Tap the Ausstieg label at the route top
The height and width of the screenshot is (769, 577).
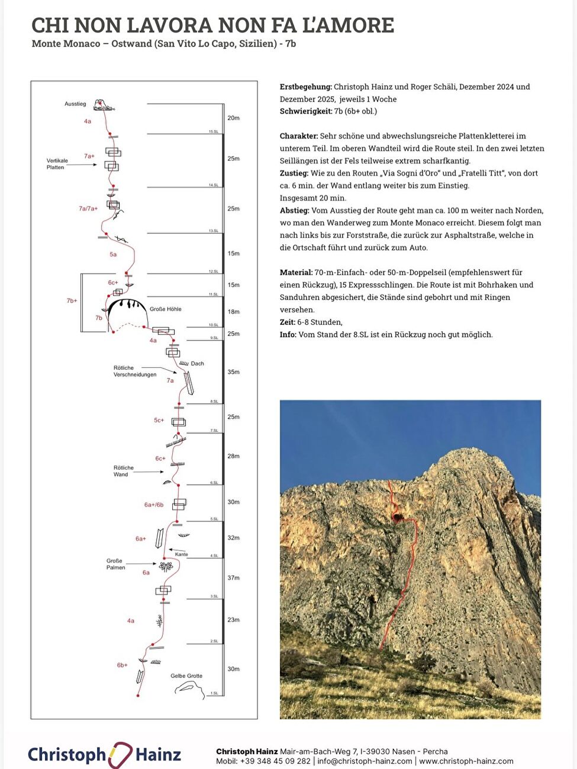(x=75, y=104)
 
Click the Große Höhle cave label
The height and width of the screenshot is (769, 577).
(x=165, y=309)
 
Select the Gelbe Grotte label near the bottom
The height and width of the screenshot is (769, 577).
(x=186, y=676)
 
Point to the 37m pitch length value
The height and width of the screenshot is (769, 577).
(x=233, y=578)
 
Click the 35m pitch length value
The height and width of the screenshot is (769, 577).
(x=233, y=372)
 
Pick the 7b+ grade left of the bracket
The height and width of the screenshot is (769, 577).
(x=72, y=301)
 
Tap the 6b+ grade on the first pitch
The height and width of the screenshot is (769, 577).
(x=122, y=665)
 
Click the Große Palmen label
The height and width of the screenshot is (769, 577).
(x=115, y=564)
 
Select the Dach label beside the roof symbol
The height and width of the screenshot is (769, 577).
(x=197, y=364)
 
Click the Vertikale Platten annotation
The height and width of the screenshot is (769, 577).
(x=57, y=164)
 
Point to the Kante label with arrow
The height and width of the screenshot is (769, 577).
(x=181, y=554)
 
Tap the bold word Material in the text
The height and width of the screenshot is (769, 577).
(x=296, y=273)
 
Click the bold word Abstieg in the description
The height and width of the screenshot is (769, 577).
(x=294, y=211)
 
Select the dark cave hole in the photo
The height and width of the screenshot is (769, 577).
(x=398, y=518)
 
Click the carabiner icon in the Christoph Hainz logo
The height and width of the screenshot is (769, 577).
(x=120, y=755)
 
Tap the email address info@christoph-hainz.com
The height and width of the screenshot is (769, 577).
(x=365, y=761)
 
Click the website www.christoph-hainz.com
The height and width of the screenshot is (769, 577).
(x=466, y=761)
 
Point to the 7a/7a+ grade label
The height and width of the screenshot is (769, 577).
(x=88, y=209)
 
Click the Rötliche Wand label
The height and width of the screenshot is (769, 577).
(x=123, y=471)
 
